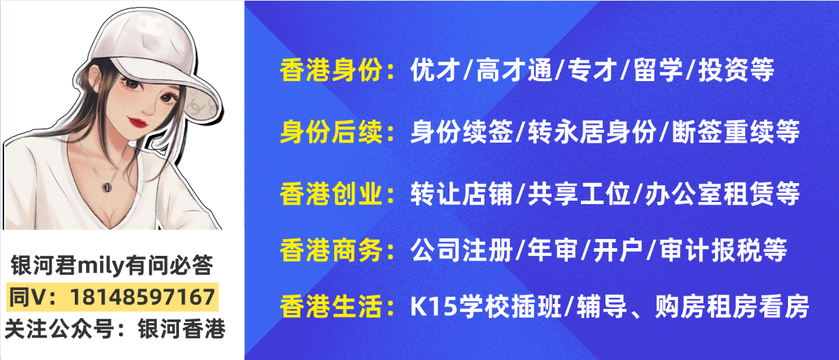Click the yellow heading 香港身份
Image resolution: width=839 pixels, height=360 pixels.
click(x=331, y=70)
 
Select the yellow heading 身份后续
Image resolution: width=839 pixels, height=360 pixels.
click(x=331, y=131)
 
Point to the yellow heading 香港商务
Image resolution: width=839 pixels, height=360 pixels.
click(x=331, y=248)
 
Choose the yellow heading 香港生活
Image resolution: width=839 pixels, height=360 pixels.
click(x=331, y=305)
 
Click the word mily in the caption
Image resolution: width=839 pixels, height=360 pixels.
click(x=101, y=266)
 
